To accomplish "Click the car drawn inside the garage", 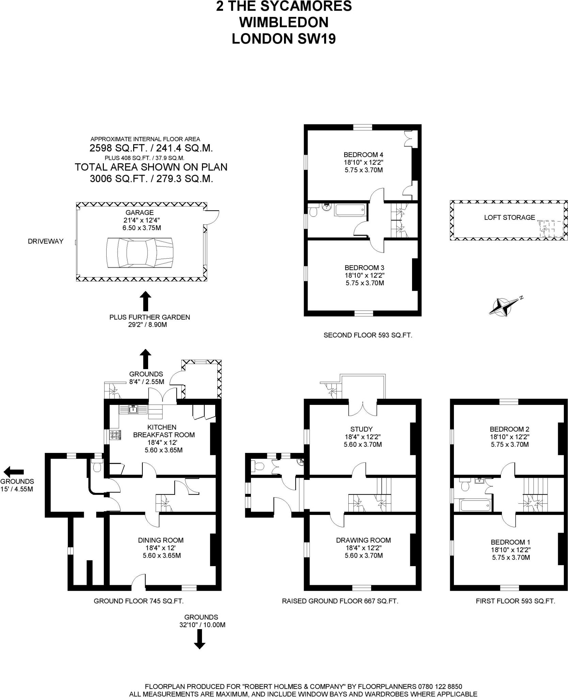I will (140, 253).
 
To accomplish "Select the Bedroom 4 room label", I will (364, 154).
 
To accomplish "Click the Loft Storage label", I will (509, 217).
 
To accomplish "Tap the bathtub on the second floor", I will (350, 210).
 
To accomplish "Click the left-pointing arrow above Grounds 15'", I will (14, 472).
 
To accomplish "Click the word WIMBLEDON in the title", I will (284, 22).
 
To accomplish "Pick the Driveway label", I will (46, 241).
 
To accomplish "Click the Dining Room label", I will (161, 540).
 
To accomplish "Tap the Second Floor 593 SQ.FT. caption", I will (368, 335).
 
